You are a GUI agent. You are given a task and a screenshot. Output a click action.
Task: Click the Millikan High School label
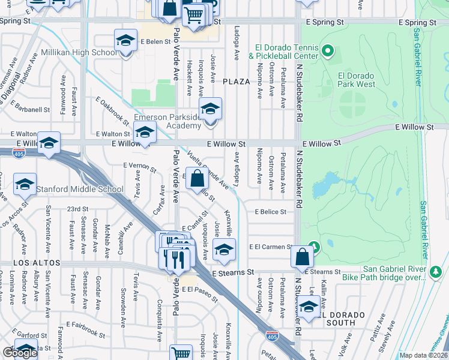pyautogui.click(x=88, y=53)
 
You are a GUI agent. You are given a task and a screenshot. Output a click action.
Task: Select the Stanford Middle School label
pyautogui.click(x=80, y=190)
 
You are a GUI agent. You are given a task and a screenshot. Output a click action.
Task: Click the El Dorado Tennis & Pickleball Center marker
pyautogui.click(x=327, y=51)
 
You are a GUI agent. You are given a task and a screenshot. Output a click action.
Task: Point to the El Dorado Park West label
pyautogui.click(x=357, y=80)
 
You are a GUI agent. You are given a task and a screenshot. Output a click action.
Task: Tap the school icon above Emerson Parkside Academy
pyautogui.click(x=210, y=109)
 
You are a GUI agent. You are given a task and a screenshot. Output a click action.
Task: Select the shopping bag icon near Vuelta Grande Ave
pyautogui.click(x=197, y=178)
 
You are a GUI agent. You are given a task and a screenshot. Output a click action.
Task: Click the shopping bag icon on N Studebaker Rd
pyautogui.click(x=302, y=257)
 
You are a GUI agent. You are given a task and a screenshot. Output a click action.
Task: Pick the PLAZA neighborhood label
pyautogui.click(x=236, y=81)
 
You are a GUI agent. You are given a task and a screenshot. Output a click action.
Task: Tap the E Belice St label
pyautogui.click(x=270, y=212)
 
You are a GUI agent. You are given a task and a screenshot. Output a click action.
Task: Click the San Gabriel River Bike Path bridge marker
pyautogui.click(x=435, y=273)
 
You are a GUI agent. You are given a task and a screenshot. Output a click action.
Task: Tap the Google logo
pyautogui.click(x=19, y=353)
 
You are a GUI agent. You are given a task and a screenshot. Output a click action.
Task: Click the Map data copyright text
pyautogui.click(x=423, y=355)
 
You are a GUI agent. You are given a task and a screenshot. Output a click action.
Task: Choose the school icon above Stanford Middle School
pyautogui.click(x=25, y=184)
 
